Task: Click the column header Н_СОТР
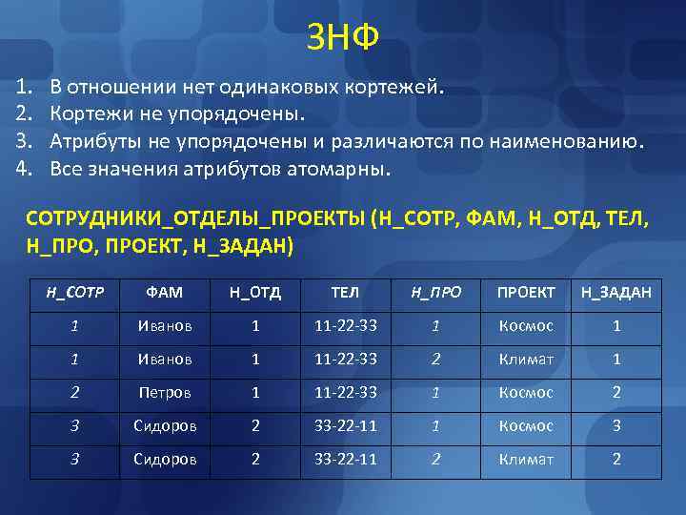(75, 292)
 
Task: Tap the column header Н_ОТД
(254, 292)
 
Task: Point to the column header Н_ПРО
(434, 292)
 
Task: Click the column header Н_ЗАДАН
(616, 292)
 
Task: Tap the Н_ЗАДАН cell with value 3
(616, 425)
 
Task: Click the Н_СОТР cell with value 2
(75, 392)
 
